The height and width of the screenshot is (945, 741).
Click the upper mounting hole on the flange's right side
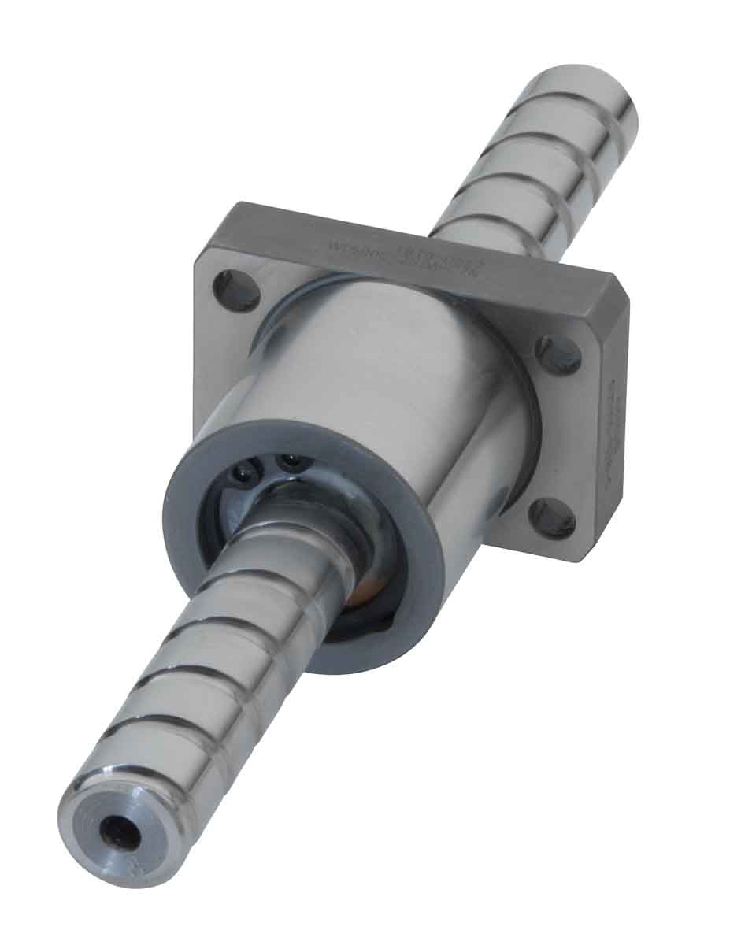[559, 354]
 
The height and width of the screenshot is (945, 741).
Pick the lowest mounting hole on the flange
[551, 519]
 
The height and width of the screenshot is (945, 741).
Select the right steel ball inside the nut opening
[294, 463]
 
